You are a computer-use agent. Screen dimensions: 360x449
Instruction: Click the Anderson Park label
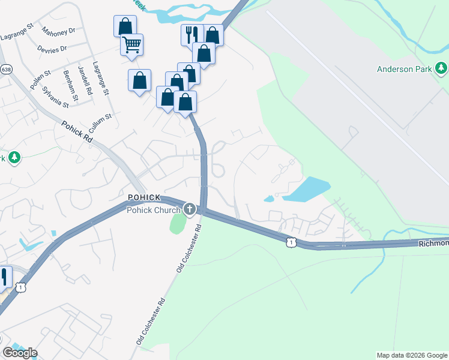[404, 69]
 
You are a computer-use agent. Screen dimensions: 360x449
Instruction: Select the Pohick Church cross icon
[190, 209]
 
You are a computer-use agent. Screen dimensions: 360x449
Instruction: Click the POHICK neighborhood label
[143, 198]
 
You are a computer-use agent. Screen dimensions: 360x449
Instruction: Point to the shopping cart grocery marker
[131, 44]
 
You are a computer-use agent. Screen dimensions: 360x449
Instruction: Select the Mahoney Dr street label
[59, 30]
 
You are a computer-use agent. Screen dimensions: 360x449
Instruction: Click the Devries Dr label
[52, 47]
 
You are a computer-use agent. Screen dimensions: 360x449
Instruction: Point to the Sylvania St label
[56, 96]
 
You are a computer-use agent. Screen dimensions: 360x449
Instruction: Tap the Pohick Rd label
[77, 131]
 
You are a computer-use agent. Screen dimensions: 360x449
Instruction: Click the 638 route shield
[6, 70]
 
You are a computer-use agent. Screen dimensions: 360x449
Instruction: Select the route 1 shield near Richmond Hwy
[291, 241]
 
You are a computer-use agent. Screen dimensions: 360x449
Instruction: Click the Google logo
[20, 352]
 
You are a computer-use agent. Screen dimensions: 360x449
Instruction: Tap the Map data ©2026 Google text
[412, 355]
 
